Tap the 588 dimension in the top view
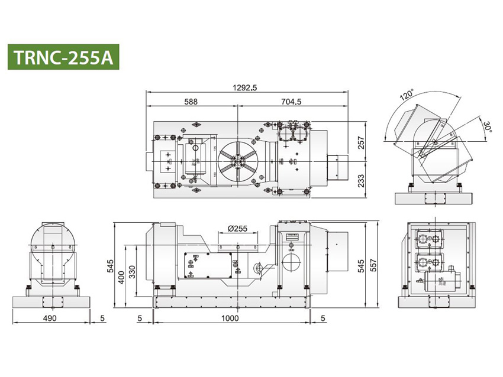click(x=191, y=102)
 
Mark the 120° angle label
click(x=406, y=96)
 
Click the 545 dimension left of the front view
click(x=111, y=266)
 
